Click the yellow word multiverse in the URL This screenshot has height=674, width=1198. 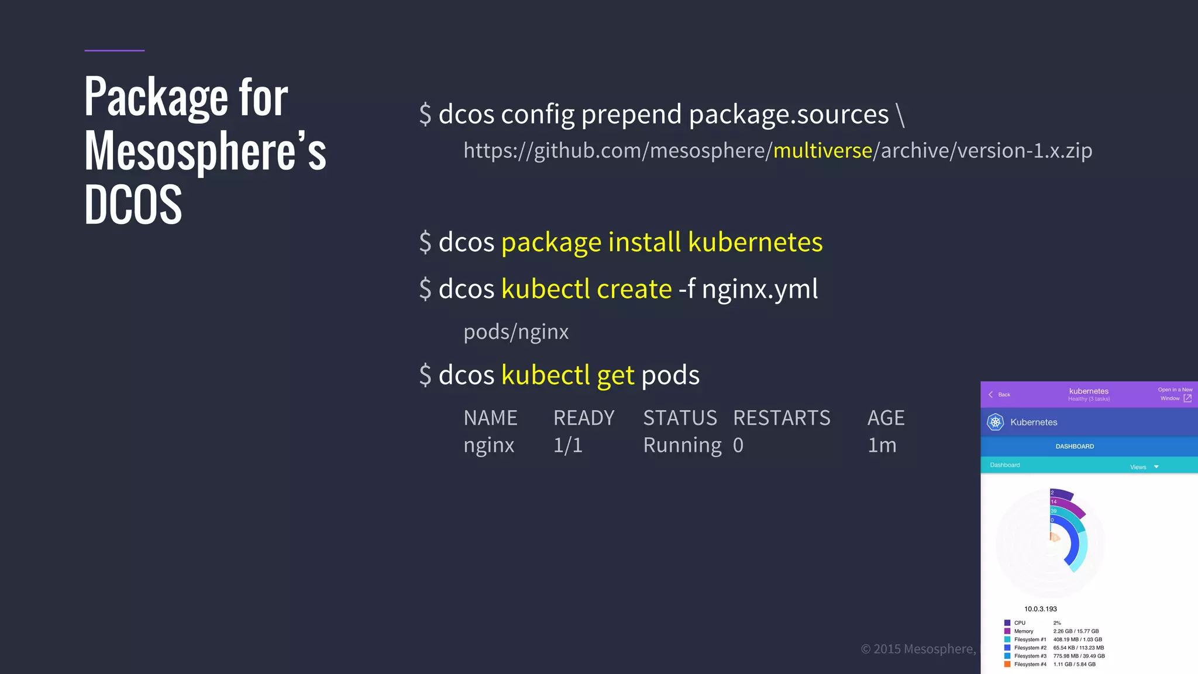[x=822, y=151]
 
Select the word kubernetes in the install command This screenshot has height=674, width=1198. [x=755, y=242]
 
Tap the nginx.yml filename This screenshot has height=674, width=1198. [x=759, y=289]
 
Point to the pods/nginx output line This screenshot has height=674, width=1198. [x=516, y=332]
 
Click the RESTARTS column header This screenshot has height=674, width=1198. [x=782, y=418]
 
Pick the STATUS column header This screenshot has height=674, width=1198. [x=680, y=418]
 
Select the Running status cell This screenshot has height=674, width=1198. [x=682, y=445]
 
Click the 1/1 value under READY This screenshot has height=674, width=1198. [x=567, y=445]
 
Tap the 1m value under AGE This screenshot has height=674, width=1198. [x=882, y=445]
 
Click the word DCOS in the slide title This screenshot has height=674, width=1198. [x=133, y=205]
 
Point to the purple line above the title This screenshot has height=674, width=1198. [x=114, y=50]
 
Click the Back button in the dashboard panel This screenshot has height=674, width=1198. [x=1000, y=394]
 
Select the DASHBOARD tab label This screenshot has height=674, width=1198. [x=1075, y=446]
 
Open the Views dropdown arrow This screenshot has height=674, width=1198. [x=1156, y=467]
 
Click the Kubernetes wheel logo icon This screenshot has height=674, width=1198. [x=995, y=422]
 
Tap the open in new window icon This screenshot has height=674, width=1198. [x=1187, y=398]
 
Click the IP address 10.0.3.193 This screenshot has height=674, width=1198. [x=1040, y=609]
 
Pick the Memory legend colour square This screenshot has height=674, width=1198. [x=1007, y=631]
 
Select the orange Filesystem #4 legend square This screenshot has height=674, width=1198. [x=1007, y=664]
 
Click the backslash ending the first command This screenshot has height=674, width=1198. [x=900, y=114]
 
